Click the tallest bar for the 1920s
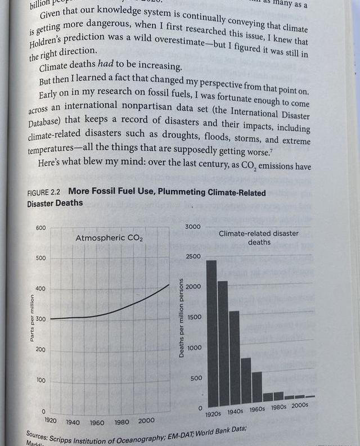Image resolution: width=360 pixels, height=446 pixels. (x=211, y=332)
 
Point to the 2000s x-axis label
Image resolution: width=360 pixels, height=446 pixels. (x=300, y=405)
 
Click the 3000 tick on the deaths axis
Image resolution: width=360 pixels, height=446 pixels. (x=193, y=226)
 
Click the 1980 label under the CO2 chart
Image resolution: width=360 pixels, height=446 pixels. (x=121, y=422)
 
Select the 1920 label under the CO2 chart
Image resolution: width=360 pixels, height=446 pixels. (x=51, y=420)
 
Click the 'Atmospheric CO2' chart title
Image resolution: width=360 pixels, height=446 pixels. (x=109, y=238)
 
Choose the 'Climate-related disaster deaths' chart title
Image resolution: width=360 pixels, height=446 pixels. (x=259, y=237)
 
